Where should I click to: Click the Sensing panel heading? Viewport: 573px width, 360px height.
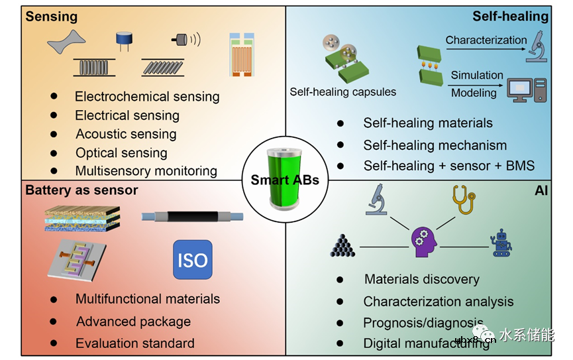coord(51,16)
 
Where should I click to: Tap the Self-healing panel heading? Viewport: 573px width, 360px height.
coord(510,16)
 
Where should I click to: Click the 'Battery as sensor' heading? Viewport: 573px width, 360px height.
coord(81,190)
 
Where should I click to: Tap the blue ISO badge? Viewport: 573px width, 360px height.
coord(192,259)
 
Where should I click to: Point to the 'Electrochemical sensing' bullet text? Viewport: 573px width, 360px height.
coord(146,96)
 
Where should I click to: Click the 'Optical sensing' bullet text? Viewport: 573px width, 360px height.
coord(121,152)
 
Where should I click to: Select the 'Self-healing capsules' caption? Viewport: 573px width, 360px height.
coord(342,92)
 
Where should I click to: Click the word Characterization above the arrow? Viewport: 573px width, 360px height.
coord(486,40)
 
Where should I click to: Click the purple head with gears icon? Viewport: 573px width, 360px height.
coord(425,243)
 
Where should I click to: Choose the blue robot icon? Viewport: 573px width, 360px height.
coord(503,244)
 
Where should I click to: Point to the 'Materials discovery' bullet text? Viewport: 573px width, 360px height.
coord(422,279)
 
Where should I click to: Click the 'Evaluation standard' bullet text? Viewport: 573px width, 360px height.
coord(134,343)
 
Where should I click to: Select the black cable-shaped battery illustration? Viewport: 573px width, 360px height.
coord(192,216)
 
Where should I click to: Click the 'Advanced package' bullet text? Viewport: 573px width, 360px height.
coord(133,322)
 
